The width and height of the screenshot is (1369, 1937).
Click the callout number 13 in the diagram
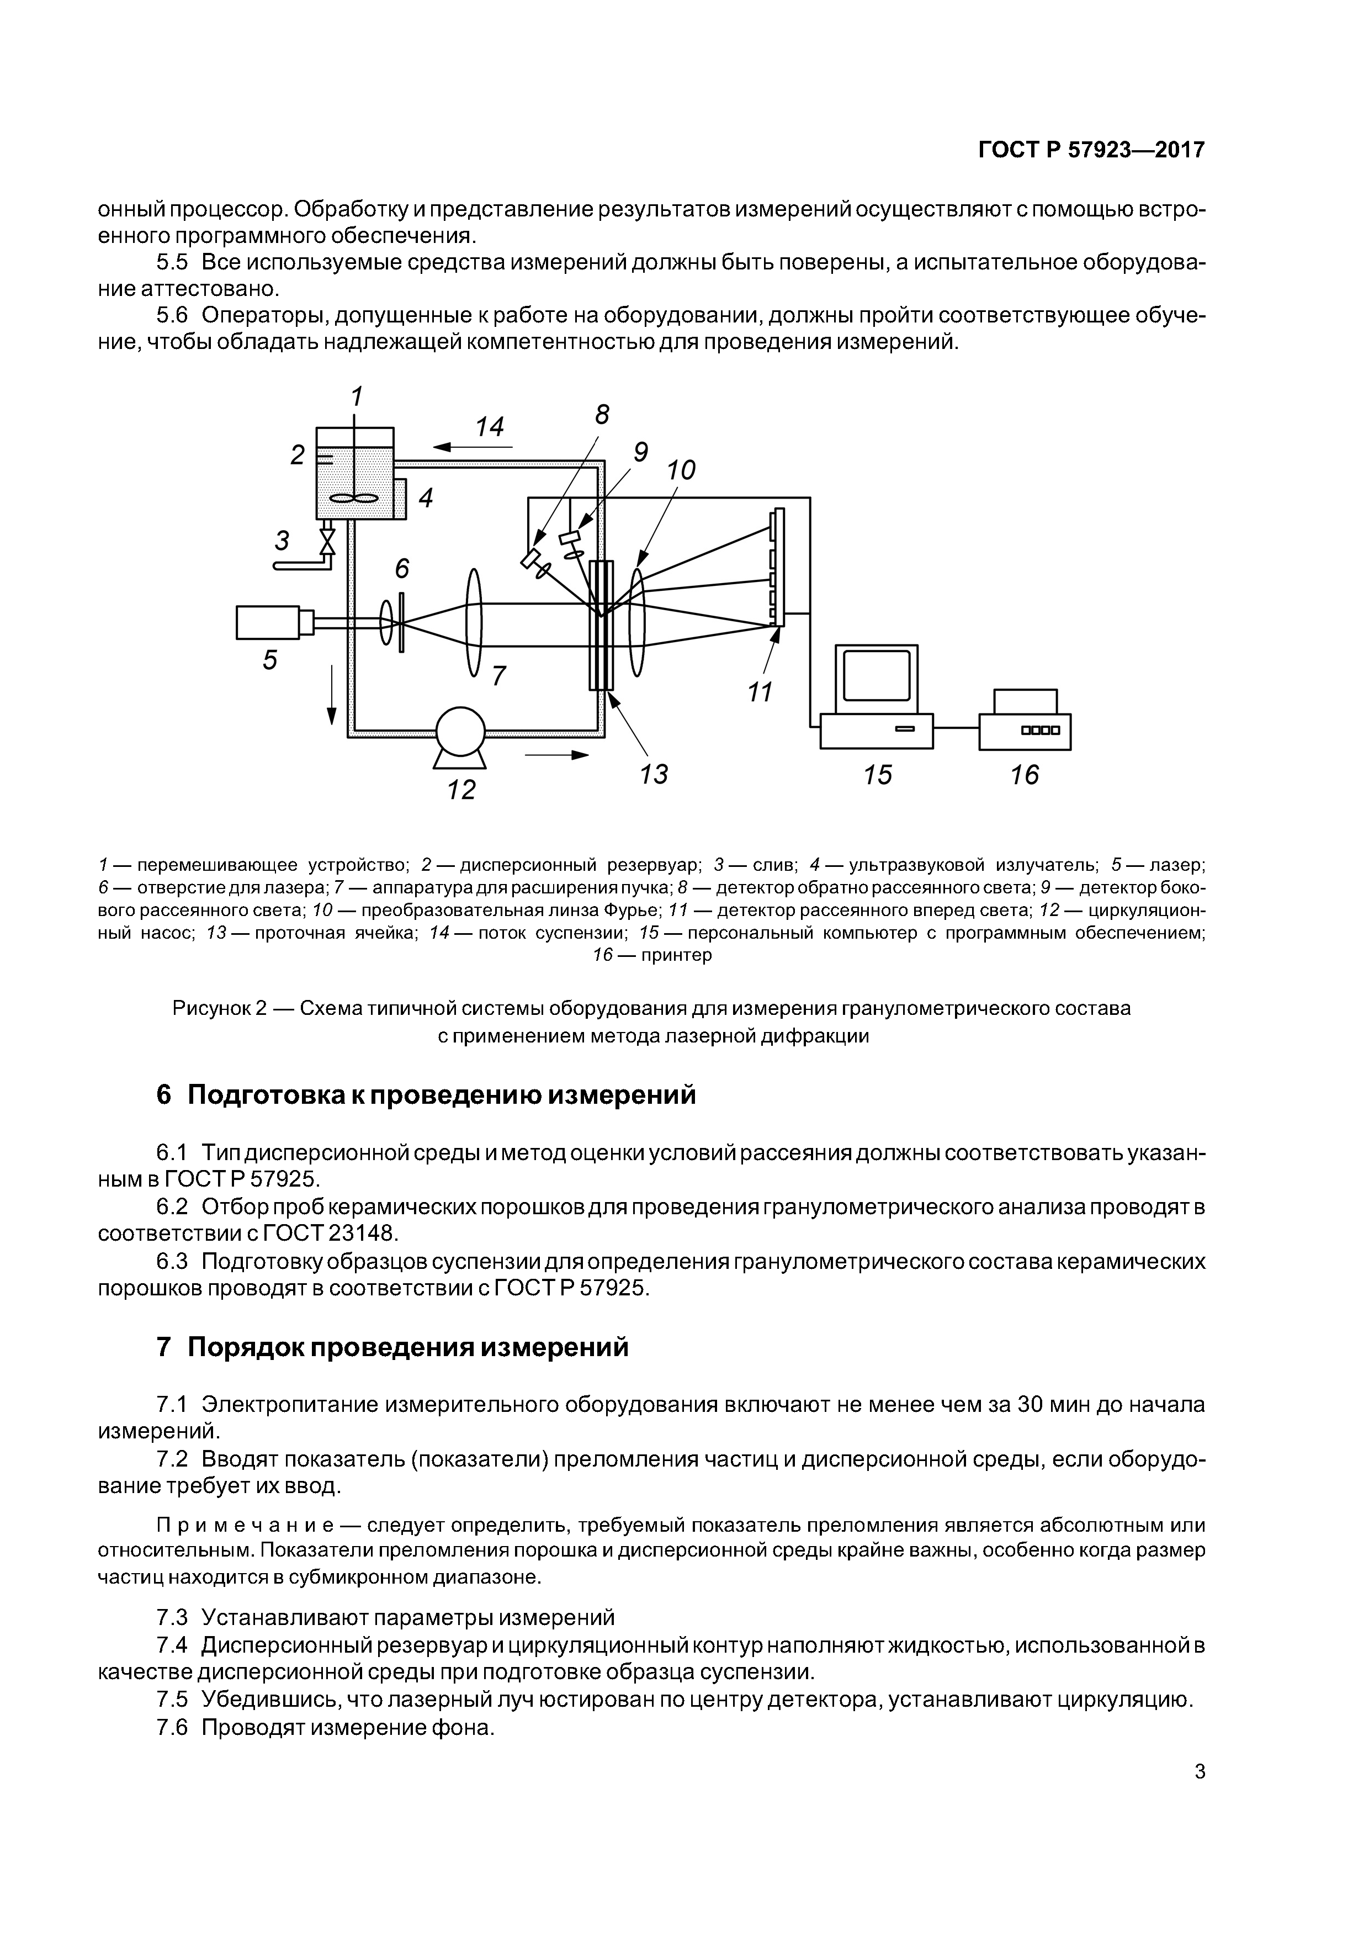point(654,774)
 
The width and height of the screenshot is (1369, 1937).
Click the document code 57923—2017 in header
point(1136,150)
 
